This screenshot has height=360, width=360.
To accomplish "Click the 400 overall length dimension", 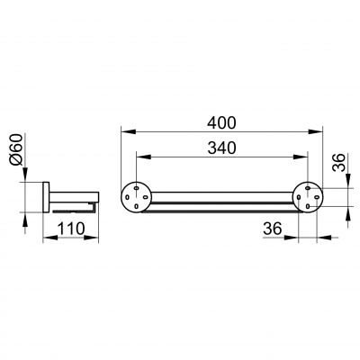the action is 222,122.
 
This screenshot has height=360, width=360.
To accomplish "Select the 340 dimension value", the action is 222,148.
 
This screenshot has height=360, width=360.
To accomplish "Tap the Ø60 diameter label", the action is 16,149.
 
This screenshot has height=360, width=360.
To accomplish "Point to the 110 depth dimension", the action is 71,229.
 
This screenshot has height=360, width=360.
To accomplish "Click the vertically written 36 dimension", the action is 339,162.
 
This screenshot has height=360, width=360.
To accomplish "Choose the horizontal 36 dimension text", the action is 273,229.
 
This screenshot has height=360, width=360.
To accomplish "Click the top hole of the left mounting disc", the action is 137,188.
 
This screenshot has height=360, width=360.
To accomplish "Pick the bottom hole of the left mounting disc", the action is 137,206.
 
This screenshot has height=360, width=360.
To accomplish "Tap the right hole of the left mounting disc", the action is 146,197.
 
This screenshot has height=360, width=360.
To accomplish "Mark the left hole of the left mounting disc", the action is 127,197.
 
